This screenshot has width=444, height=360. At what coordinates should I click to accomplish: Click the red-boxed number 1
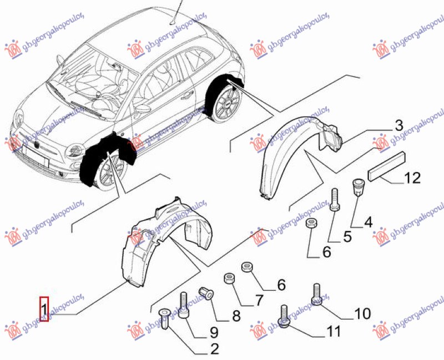(44, 310)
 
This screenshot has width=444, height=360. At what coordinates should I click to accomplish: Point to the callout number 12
(412, 179)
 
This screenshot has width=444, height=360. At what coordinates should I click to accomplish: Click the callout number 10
(362, 314)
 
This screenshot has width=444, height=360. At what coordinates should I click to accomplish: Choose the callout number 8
(236, 316)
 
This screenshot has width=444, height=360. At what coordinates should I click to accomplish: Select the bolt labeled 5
(335, 200)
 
